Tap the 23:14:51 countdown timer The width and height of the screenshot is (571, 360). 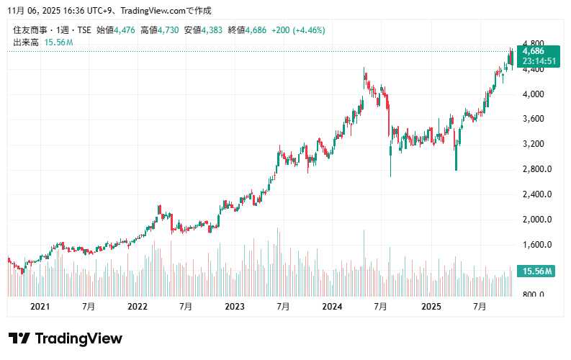(539, 61)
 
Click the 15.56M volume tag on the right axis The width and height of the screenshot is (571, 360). (538, 271)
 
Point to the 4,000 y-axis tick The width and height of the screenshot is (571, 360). (533, 94)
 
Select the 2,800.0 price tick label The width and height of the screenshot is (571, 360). (536, 169)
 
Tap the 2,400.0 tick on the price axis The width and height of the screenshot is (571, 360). (536, 194)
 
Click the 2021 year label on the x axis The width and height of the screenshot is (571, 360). (40, 307)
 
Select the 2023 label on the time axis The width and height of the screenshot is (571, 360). (235, 307)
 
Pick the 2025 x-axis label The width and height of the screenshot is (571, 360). (431, 307)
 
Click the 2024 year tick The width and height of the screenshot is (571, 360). (332, 307)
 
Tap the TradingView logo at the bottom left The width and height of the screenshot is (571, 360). (66, 338)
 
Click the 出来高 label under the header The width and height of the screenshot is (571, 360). (26, 42)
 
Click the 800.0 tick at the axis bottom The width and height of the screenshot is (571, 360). (534, 294)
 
